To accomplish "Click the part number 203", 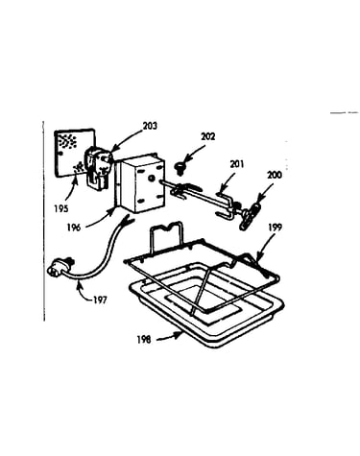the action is pyautogui.click(x=150, y=126).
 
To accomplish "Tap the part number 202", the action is pyautogui.click(x=208, y=136).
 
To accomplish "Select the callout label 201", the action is pyautogui.click(x=236, y=164).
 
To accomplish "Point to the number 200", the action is pyautogui.click(x=275, y=175).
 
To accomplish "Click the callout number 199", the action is pyautogui.click(x=275, y=228).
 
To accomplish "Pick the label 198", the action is pyautogui.click(x=144, y=340).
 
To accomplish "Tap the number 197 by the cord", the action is pyautogui.click(x=100, y=300).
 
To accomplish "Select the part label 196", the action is pyautogui.click(x=74, y=228).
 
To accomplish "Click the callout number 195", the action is pyautogui.click(x=61, y=208).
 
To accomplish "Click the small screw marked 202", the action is pyautogui.click(x=180, y=168).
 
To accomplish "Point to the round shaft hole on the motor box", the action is pyautogui.click(x=152, y=178).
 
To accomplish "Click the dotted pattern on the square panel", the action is pyautogui.click(x=66, y=141).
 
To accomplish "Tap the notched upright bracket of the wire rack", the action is pyautogui.click(x=167, y=235).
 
